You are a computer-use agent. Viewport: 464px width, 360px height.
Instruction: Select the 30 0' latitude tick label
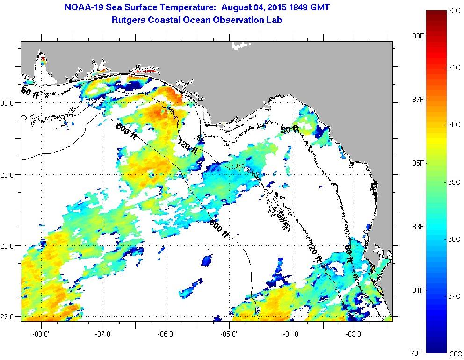(x=9, y=103)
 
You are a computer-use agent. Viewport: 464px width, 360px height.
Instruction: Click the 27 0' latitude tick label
(x=9, y=317)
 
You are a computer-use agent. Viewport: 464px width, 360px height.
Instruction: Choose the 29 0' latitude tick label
(x=9, y=174)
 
